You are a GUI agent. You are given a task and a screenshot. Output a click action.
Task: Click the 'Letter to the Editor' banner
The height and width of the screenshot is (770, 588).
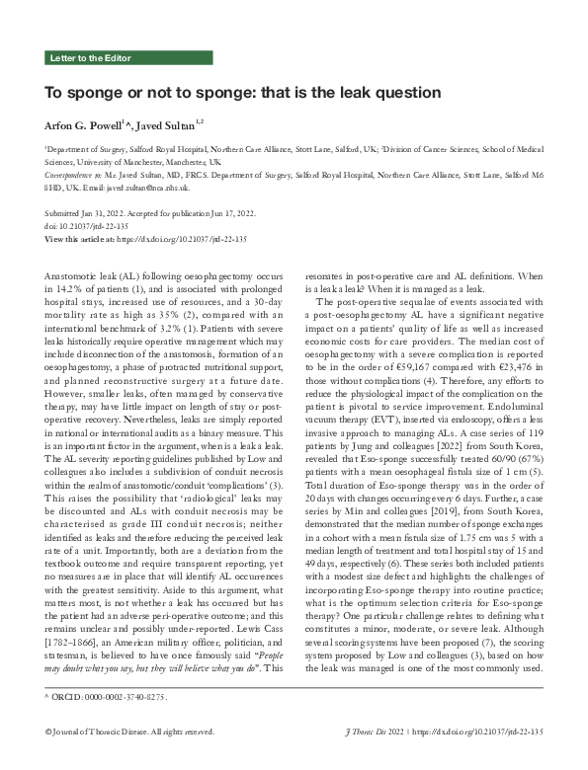(x=92, y=59)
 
